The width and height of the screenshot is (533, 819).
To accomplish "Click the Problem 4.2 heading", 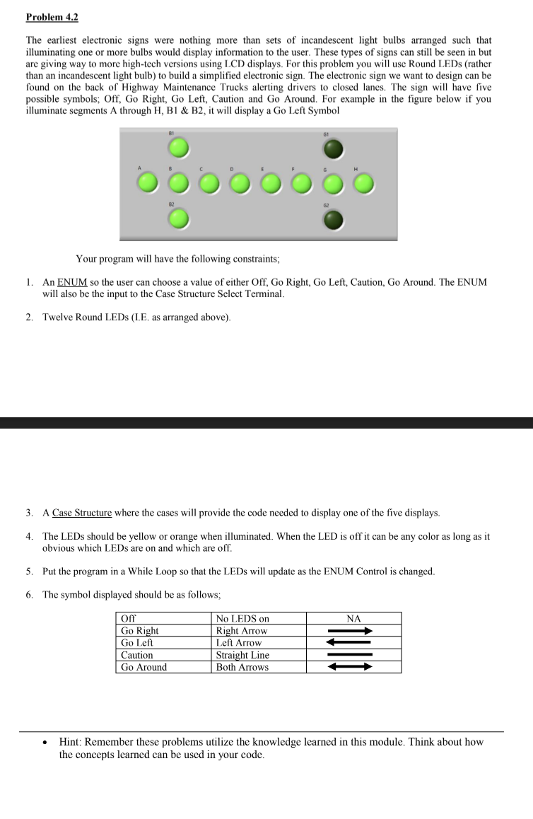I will click(52, 17).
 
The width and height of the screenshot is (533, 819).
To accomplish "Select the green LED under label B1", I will click(179, 148).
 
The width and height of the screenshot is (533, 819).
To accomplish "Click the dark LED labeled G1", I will click(334, 148).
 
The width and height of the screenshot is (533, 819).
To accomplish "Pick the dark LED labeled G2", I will click(334, 221).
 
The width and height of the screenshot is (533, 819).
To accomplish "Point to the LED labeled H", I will click(363, 184).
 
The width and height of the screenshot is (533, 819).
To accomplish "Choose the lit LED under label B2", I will click(179, 220).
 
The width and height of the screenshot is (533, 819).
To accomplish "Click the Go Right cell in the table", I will click(140, 630).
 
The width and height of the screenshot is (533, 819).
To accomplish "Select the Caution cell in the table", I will click(137, 655).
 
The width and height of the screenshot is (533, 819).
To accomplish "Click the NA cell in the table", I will click(353, 618).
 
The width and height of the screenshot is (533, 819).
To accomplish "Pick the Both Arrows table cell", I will click(242, 667).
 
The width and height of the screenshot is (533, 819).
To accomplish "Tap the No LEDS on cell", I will click(242, 618).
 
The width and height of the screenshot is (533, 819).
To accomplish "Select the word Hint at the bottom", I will click(71, 742).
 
